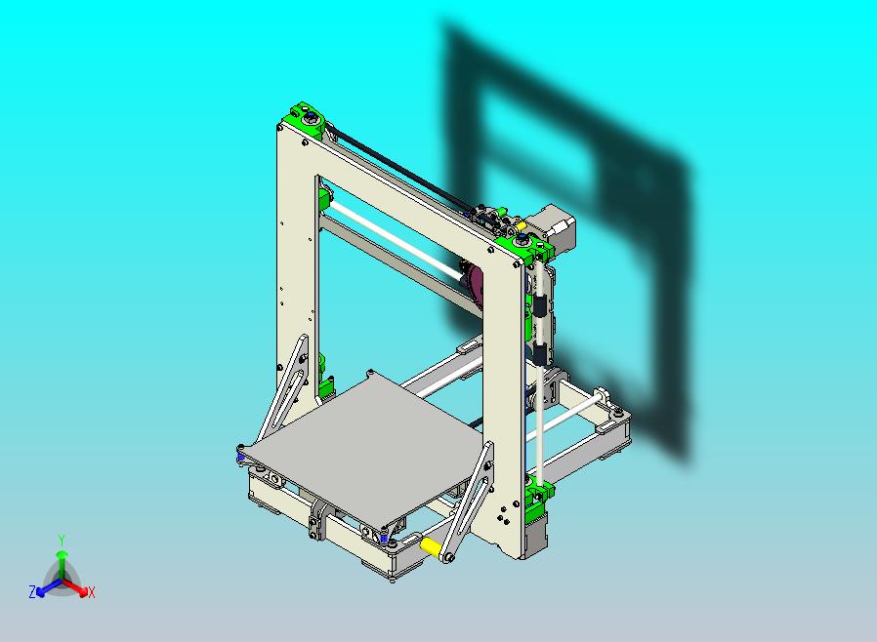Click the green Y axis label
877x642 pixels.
61,539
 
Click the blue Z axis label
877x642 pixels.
32,591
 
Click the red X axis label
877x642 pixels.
92,592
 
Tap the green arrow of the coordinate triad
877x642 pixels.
61,560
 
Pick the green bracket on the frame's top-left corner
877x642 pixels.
303,120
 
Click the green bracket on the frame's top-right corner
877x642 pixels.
527,246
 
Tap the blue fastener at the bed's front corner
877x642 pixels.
387,538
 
